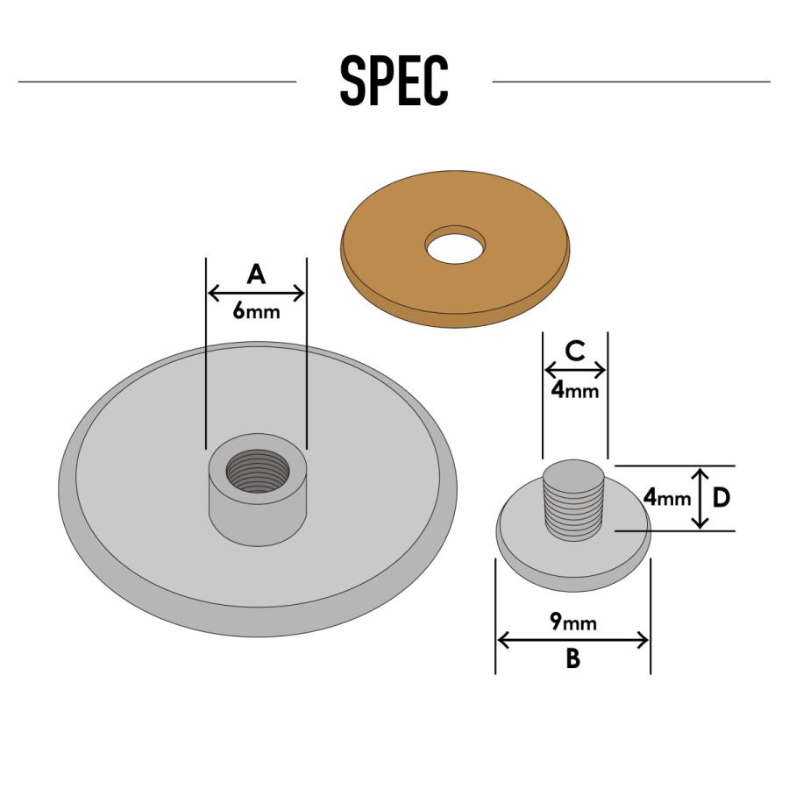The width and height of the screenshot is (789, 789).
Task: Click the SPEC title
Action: click(394, 80)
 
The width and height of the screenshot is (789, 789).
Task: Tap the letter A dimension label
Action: click(256, 274)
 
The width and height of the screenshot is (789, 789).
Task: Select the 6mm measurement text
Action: click(256, 311)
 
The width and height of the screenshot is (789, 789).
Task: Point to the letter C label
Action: click(574, 351)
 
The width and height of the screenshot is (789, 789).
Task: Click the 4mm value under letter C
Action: click(574, 390)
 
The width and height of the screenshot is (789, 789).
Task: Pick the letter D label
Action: click(721, 498)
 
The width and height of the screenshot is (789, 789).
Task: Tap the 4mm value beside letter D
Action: click(667, 498)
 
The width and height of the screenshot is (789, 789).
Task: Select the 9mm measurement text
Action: click(573, 622)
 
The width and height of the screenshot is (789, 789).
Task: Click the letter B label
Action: click(573, 657)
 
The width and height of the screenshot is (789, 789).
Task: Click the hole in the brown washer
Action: click(455, 244)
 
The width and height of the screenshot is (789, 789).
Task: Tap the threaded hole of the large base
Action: click(258, 471)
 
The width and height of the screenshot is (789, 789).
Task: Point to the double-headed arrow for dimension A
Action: click(256, 293)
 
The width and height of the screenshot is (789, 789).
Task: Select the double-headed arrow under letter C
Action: click(575, 371)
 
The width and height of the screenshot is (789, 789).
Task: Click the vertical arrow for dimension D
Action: click(700, 498)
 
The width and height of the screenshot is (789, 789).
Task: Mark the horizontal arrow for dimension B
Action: click(573, 641)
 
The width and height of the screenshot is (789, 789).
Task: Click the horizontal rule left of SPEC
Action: click(158, 81)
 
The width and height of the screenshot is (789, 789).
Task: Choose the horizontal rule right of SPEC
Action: click(631, 81)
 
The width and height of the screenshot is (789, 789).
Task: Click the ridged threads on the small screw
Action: click(573, 510)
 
